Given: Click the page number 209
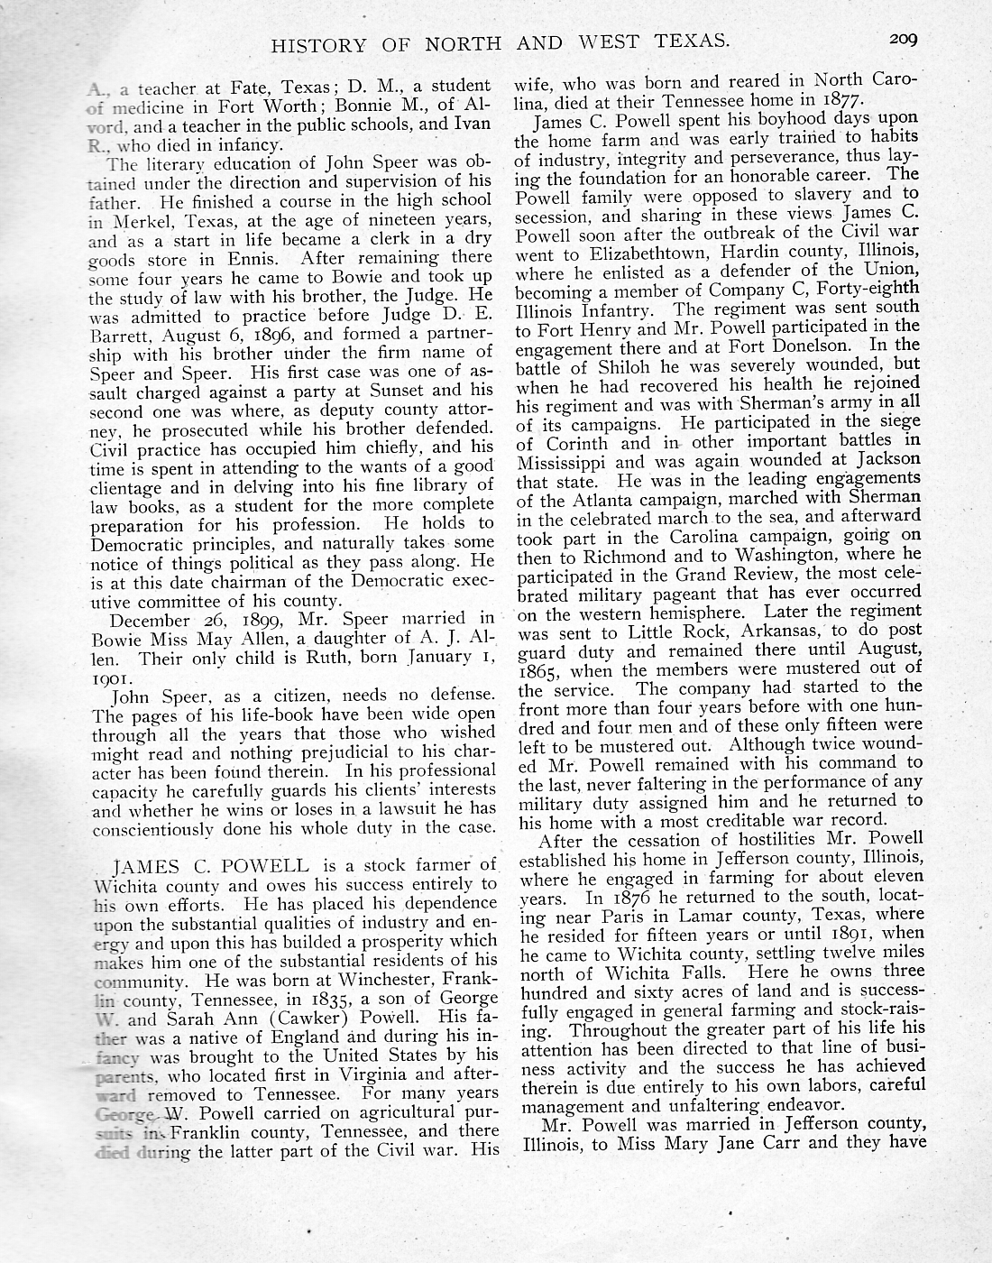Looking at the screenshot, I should point(902,39).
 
